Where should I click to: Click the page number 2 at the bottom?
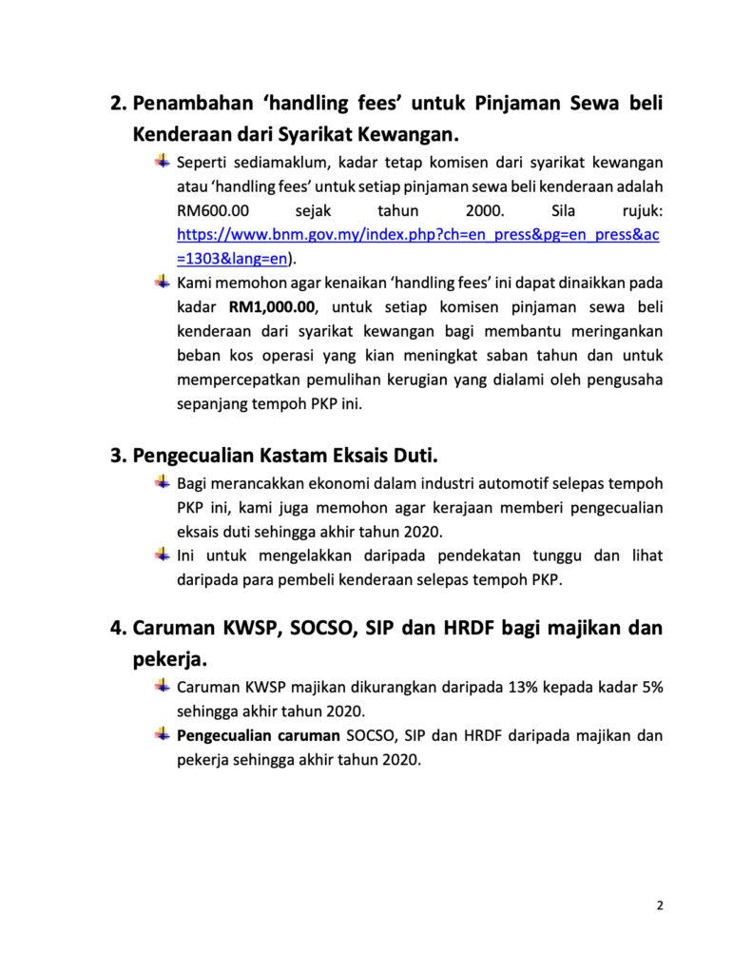tap(660, 905)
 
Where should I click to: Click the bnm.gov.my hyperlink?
tap(418, 234)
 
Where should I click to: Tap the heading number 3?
tap(118, 454)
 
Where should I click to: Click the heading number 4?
tap(118, 629)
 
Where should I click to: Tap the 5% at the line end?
tap(651, 686)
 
